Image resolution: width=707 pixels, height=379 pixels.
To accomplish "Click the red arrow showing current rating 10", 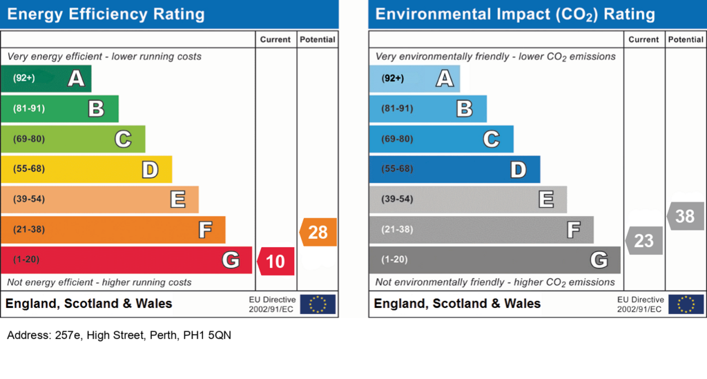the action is (x=276, y=261).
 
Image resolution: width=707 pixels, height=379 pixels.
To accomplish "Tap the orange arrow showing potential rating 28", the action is (x=318, y=232).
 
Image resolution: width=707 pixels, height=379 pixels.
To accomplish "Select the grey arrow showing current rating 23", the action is (x=644, y=241).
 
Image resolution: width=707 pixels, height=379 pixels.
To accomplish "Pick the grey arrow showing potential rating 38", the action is (x=686, y=216).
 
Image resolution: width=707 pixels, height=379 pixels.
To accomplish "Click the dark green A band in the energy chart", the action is (x=46, y=79).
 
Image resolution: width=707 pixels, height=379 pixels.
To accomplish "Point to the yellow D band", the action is (x=86, y=169).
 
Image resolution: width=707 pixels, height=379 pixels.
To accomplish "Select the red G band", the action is (x=126, y=260).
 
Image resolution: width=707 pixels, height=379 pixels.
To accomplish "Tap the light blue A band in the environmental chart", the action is (x=414, y=79).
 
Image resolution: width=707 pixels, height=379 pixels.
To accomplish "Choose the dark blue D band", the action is (x=454, y=169).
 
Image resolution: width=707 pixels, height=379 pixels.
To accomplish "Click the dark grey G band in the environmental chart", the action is (x=494, y=260).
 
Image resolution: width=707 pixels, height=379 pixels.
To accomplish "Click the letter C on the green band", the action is (x=123, y=139).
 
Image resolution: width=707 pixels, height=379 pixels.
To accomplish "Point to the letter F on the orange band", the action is (x=206, y=229).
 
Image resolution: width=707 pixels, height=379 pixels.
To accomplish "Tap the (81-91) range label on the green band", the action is (x=29, y=108).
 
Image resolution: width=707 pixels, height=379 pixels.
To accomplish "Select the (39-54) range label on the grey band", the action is (x=397, y=199).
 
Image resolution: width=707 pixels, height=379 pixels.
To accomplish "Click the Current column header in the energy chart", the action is (x=275, y=39).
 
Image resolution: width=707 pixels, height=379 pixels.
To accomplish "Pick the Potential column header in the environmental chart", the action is (x=686, y=39).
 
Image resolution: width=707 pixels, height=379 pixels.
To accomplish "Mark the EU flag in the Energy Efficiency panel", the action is (x=318, y=304).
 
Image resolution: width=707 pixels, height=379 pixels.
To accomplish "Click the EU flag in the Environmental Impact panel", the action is (x=686, y=304).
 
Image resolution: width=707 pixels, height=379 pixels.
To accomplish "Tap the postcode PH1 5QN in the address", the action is (x=207, y=336).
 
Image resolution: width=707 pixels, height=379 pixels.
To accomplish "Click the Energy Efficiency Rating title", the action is (x=106, y=14).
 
